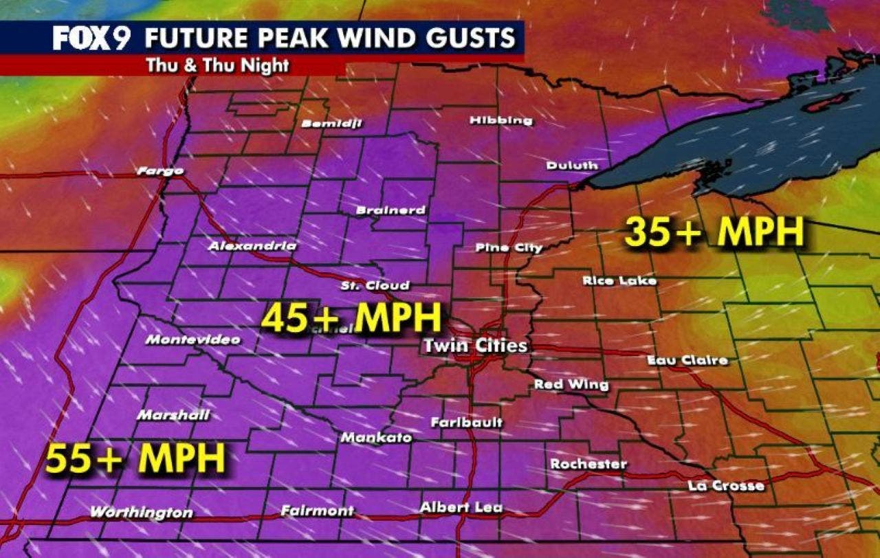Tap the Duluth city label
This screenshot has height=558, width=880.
coord(572,166)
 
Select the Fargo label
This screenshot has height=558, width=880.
coord(160,171)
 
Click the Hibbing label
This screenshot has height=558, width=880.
coord(500,121)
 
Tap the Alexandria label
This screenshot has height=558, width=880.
coord(253,246)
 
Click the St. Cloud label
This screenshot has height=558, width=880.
coord(375,285)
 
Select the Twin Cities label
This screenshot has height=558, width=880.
coord(475,346)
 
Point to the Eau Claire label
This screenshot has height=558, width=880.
coord(687,360)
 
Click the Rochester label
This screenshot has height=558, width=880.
coord(588,465)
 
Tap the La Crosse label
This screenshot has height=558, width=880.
coord(726,486)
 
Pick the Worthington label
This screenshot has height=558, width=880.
coord(142,513)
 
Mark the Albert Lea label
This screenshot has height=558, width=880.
coord(461,508)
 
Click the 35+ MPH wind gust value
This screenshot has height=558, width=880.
coord(714,233)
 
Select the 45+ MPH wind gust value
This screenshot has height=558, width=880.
coord(351,318)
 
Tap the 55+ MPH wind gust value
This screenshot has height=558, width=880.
coord(136,458)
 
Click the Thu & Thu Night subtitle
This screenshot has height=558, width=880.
coord(217,66)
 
